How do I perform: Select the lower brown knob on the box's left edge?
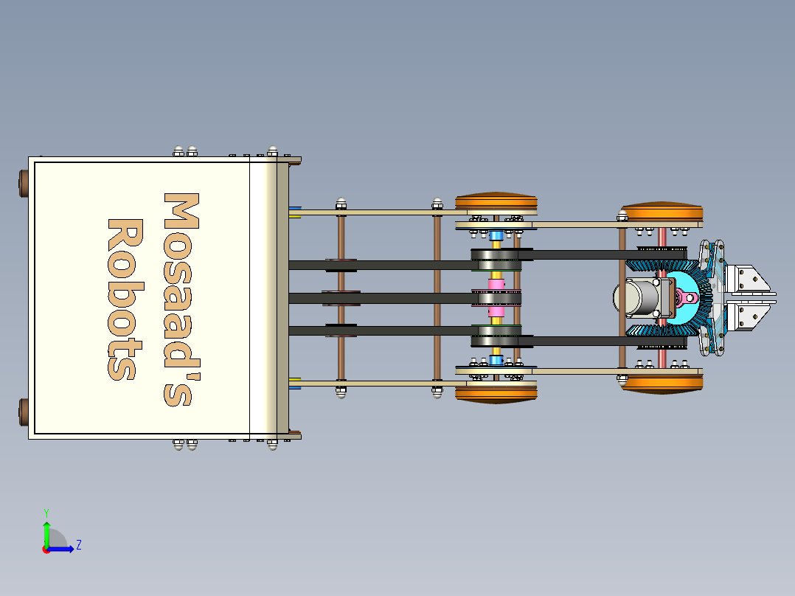(22, 413)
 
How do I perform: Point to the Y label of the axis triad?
(46, 511)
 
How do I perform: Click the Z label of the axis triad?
(78, 545)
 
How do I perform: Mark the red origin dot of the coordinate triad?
(46, 549)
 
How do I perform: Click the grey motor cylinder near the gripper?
(639, 299)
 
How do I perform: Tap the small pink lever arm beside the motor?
(687, 298)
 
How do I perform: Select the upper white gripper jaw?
(749, 279)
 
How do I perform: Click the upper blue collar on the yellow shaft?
(496, 236)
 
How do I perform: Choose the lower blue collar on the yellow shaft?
(496, 360)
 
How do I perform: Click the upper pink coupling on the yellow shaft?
(496, 284)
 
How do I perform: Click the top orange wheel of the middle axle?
(496, 202)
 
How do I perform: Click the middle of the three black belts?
(383, 298)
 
